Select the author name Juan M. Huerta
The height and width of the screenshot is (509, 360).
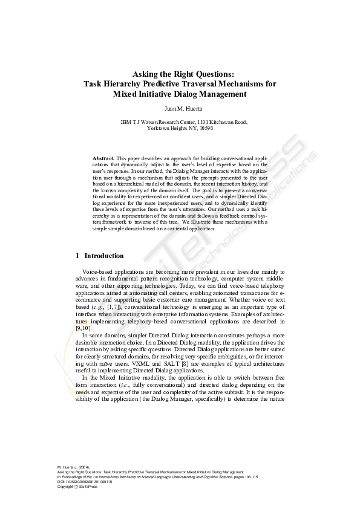point(180,108)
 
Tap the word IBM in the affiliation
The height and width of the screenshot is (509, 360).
point(126,122)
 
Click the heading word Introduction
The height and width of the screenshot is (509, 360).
point(104,256)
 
